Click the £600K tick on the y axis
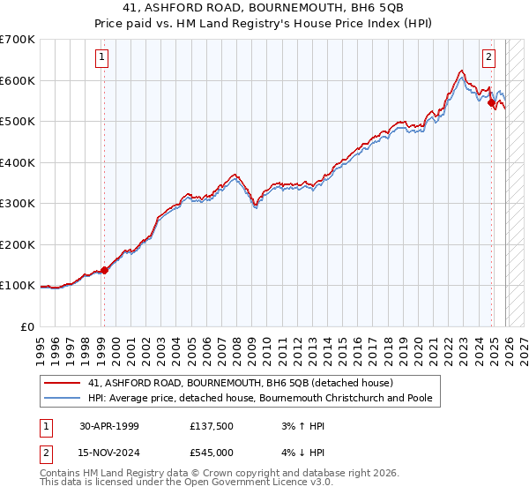click(x=17, y=80)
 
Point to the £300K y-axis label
click(x=17, y=204)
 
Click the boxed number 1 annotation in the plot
click(x=102, y=58)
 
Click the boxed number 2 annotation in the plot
click(x=488, y=58)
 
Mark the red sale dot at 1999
click(x=105, y=270)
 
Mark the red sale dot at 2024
click(x=491, y=103)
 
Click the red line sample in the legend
click(x=63, y=384)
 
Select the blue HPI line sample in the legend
click(x=63, y=398)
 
